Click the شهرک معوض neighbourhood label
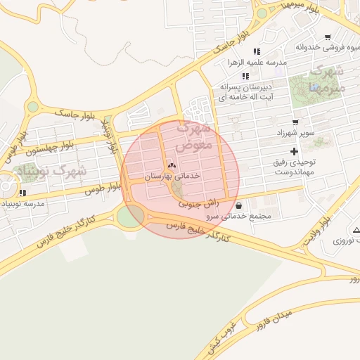tap(193, 138)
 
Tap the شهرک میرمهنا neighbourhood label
tap(328, 79)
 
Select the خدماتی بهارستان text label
tap(173, 176)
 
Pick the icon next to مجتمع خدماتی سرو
tap(241, 206)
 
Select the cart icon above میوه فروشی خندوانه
tap(328, 37)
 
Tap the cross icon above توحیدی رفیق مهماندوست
tap(294, 152)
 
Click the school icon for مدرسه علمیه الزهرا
tap(257, 51)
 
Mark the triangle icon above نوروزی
tap(356, 230)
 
